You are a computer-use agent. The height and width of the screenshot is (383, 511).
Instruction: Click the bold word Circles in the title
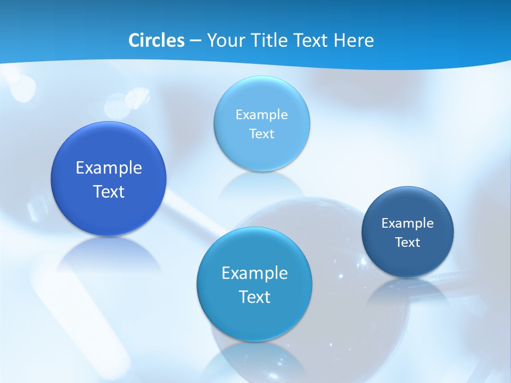point(156,40)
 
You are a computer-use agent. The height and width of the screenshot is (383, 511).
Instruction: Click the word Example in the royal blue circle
point(109,168)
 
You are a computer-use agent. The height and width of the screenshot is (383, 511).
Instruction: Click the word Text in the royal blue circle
point(109,191)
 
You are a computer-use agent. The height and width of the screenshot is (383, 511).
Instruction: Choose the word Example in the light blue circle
point(261,115)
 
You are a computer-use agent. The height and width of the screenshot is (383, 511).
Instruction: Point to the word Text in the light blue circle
point(261,134)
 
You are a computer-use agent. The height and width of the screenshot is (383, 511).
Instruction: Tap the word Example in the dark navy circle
point(408,223)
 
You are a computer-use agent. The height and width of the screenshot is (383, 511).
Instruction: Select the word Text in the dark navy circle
point(408,243)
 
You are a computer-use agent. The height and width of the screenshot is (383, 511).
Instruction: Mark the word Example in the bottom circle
point(254,273)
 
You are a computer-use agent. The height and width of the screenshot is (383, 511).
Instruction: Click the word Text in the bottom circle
point(254,297)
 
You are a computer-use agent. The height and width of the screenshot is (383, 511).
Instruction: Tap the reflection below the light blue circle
point(261,184)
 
